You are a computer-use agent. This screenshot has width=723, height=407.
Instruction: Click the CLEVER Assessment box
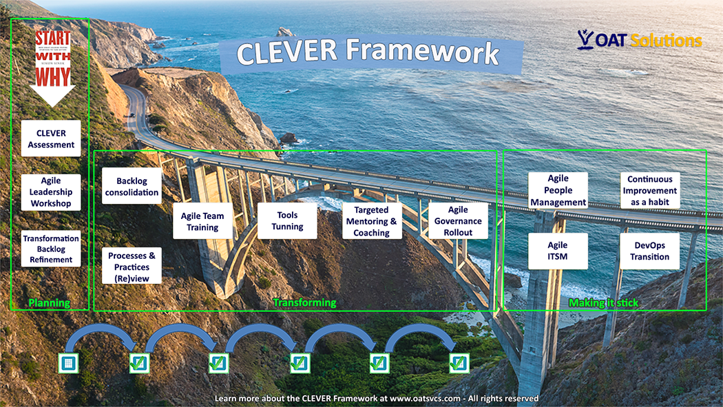(x=51, y=139)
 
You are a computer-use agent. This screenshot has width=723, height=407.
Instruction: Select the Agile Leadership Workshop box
(x=51, y=192)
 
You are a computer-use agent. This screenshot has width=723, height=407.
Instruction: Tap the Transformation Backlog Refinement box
(x=51, y=249)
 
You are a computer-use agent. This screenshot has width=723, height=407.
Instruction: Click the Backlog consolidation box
(x=132, y=187)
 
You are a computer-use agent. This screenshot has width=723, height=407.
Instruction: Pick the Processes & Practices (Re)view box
(x=132, y=267)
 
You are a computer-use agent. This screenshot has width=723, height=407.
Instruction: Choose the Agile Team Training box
(x=202, y=221)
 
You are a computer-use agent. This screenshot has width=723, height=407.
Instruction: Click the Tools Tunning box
(x=287, y=220)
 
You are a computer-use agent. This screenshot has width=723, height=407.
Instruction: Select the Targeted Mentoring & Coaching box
(x=372, y=221)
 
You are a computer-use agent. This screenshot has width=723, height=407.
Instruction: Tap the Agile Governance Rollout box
(x=458, y=220)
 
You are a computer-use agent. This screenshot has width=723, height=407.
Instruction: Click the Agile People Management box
(x=558, y=190)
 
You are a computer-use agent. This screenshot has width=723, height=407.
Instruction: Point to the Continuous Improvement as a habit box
(x=650, y=190)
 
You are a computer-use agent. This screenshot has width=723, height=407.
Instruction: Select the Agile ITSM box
(x=558, y=251)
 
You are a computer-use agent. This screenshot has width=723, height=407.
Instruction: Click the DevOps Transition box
(x=650, y=251)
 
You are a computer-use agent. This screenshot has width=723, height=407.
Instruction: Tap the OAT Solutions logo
(x=640, y=40)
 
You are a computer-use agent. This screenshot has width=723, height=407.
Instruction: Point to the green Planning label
(x=49, y=303)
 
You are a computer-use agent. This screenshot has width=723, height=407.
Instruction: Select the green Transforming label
(x=304, y=302)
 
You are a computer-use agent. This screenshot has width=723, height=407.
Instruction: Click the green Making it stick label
(x=603, y=303)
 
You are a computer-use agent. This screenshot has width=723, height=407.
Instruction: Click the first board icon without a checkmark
(x=67, y=362)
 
